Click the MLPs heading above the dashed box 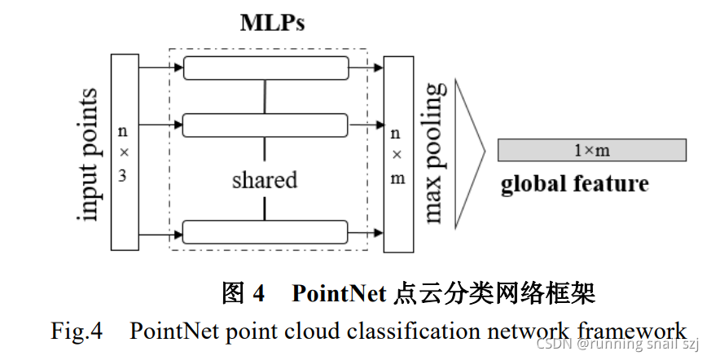[272, 22]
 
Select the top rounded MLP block [266, 68]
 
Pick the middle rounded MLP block [266, 125]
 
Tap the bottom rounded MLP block [266, 231]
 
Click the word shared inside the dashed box [264, 179]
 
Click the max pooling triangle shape [468, 151]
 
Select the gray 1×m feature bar [592, 150]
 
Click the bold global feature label [574, 184]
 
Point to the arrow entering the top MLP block [161, 68]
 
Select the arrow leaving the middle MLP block [366, 125]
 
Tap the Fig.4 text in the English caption [76, 331]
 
